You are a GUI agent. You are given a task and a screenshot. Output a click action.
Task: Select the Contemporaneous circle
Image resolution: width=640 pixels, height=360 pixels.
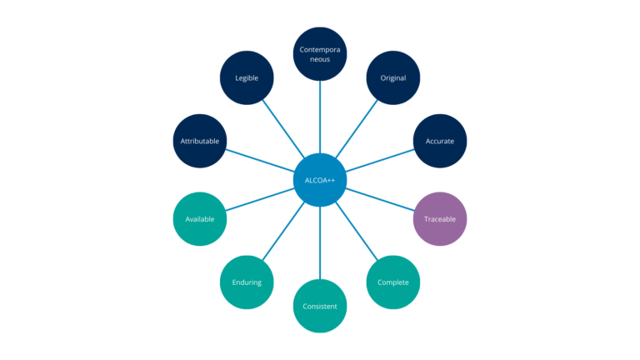tap(320, 55)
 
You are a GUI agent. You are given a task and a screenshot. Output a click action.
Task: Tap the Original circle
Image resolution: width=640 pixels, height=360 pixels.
tap(393, 78)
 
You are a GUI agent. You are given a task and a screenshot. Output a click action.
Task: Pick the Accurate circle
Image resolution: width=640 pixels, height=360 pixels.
tap(440, 141)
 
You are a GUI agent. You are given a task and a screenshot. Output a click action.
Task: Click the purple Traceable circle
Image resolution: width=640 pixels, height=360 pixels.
tap(440, 219)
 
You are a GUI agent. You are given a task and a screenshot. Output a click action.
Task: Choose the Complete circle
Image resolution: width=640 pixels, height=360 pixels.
tap(393, 282)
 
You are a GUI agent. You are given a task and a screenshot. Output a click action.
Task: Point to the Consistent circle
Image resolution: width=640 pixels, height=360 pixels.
tap(320, 306)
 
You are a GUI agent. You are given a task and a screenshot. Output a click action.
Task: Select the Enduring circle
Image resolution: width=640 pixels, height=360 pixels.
tap(247, 282)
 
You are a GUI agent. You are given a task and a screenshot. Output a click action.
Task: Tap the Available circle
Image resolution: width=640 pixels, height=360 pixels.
tap(200, 219)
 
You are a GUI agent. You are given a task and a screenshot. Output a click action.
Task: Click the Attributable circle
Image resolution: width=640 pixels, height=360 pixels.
tap(200, 141)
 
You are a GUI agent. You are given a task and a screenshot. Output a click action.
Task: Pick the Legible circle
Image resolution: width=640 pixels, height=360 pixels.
tap(247, 78)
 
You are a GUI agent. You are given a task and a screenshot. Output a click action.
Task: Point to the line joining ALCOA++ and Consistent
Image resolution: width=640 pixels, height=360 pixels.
tap(320, 242)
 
